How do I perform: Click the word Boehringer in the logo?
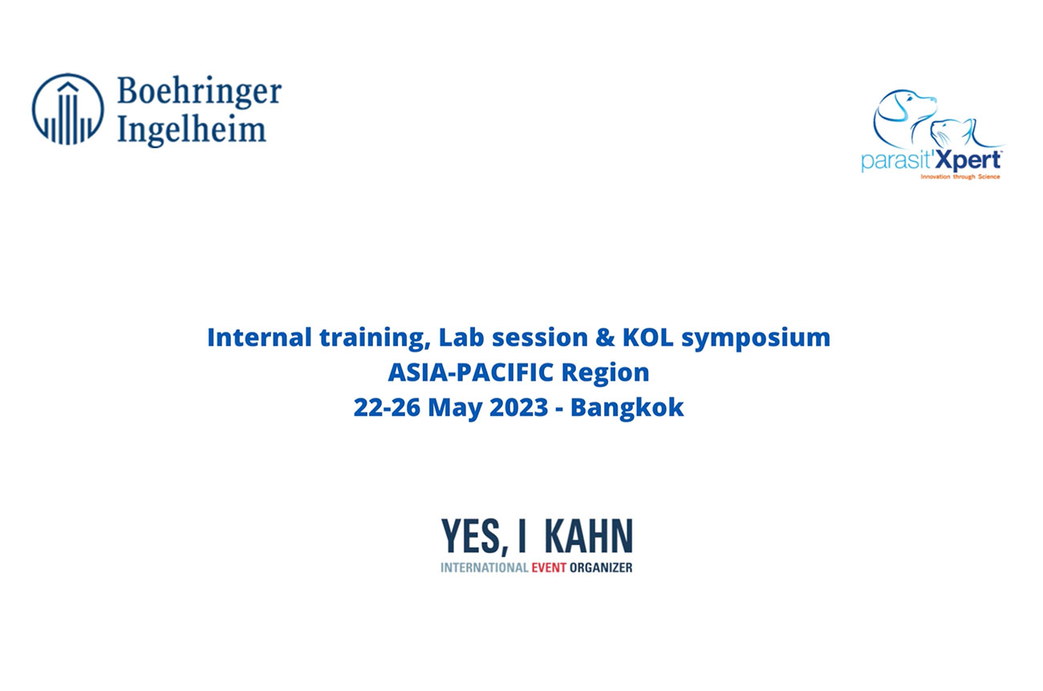click(x=199, y=91)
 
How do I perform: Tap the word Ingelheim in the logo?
click(x=192, y=130)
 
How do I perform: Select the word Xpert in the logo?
click(x=968, y=160)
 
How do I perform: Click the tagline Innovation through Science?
click(x=960, y=177)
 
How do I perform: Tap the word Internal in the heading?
click(x=259, y=337)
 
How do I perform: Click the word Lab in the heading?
click(x=461, y=337)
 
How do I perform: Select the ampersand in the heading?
click(x=605, y=337)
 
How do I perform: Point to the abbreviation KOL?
click(x=647, y=337)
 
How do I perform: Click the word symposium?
click(x=756, y=339)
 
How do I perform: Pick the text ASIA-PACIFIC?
click(x=471, y=372)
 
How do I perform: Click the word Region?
click(x=605, y=374)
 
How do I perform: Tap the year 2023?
click(x=519, y=407)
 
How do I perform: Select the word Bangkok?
click(x=627, y=409)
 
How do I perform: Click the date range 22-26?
click(x=386, y=407)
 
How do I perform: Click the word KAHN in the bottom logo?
click(x=588, y=536)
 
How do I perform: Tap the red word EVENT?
click(x=549, y=568)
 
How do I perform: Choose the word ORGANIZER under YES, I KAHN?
click(x=601, y=568)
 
